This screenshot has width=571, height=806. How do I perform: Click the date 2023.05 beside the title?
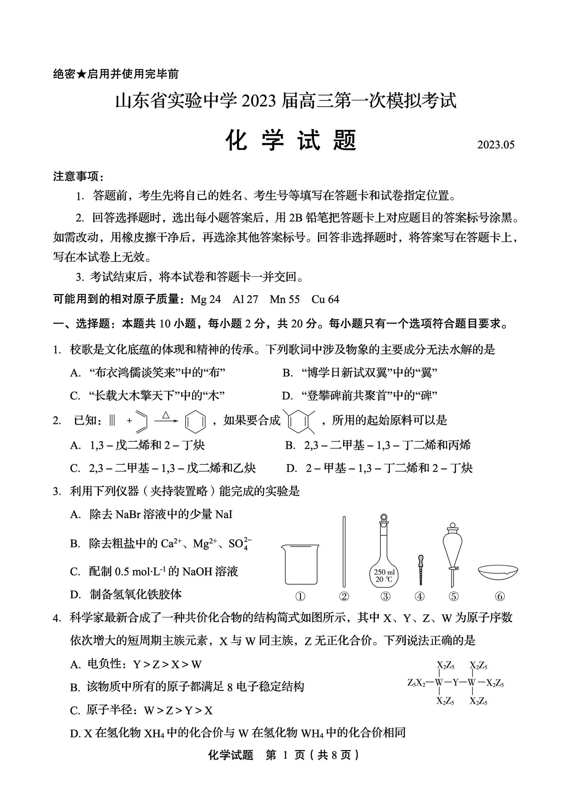[x=495, y=145]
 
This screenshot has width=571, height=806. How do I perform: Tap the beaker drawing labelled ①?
[x=300, y=564]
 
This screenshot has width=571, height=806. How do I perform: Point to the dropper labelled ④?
[x=420, y=569]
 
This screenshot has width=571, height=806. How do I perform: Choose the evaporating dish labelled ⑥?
[x=498, y=571]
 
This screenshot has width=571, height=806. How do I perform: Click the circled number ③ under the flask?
[x=385, y=596]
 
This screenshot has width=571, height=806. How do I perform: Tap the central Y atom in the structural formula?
[x=455, y=683]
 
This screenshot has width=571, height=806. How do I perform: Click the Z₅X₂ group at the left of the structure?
[x=416, y=683]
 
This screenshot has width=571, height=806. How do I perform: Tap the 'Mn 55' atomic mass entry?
[x=284, y=299]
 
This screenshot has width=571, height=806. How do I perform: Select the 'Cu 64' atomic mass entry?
[x=325, y=299]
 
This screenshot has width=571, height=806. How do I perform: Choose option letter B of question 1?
[x=287, y=373]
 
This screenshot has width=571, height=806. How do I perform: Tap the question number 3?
[x=57, y=491]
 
